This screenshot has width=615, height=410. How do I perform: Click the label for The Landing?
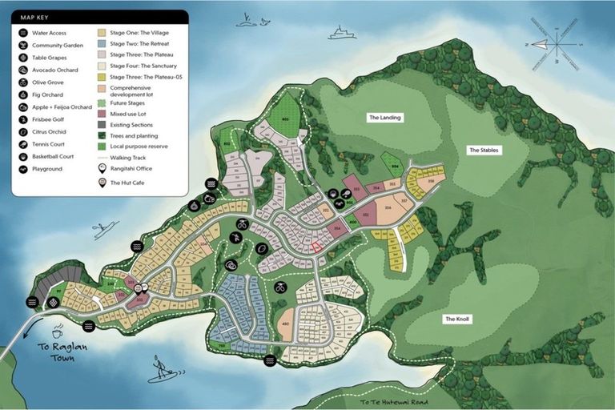[384, 118]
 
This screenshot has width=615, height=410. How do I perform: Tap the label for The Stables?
[484, 150]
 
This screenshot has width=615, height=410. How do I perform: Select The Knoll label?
[457, 319]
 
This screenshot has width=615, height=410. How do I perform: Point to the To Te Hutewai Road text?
[393, 402]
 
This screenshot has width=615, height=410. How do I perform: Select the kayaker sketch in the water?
[104, 231]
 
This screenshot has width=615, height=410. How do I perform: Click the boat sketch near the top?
[342, 33]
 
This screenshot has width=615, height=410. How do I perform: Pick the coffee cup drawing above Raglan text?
[58, 332]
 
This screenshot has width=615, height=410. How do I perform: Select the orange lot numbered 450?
[285, 324]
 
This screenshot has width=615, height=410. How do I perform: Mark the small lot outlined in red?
[316, 247]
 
